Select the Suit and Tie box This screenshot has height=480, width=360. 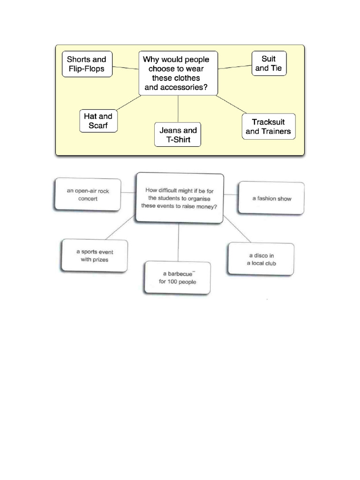tap(269, 64)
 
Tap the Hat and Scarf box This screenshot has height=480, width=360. tap(98, 121)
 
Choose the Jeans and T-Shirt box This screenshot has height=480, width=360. tap(178, 135)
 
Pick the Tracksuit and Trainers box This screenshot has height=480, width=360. tap(268, 127)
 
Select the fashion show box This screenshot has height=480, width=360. tap(271, 198)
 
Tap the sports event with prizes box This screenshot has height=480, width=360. tap(94, 255)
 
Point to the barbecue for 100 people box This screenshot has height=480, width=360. tap(177, 277)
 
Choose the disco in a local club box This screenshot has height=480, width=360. tap(261, 259)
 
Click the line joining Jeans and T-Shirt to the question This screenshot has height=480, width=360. tap(178, 109)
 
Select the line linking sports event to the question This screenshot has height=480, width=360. tap(120, 228)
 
